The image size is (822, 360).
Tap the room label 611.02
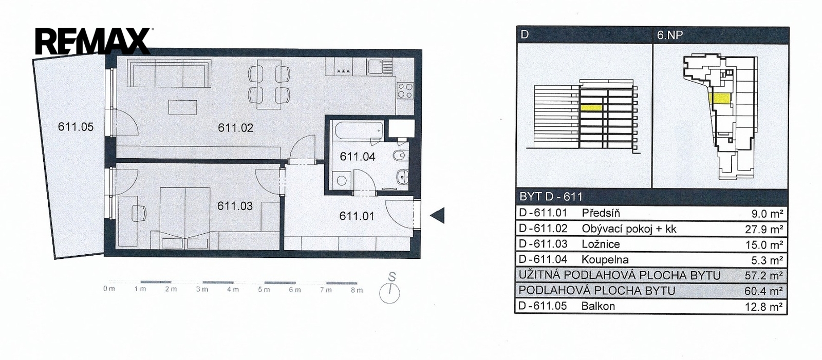pos(235,128)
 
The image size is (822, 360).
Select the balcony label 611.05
pos(76,127)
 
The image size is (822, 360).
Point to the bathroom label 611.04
pos(357,157)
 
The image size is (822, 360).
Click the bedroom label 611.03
pos(235,206)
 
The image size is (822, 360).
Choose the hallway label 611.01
pos(357,216)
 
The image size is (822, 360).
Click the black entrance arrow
pos(437,215)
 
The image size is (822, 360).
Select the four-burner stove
pos(405,90)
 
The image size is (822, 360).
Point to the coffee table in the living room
pos(182,107)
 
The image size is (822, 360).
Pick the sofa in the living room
pos(169,73)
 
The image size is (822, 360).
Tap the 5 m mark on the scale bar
pos(264,290)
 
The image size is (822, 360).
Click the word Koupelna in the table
pos(605,259)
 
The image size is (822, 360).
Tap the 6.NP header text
pos(670,35)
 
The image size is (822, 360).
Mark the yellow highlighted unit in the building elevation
pos(591,107)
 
